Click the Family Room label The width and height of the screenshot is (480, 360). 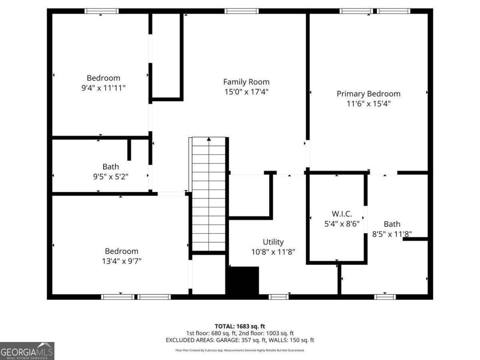246,82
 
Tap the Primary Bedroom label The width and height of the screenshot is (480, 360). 368,94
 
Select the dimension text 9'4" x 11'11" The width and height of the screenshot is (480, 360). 103,88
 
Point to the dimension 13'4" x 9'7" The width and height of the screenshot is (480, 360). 121,261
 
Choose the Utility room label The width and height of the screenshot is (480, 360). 273,242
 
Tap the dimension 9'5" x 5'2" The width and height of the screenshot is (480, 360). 110,176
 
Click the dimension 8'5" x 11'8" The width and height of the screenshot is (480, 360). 392,234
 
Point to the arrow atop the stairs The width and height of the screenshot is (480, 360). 209,140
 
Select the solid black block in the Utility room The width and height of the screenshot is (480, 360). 243,281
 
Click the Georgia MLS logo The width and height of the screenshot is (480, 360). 27,351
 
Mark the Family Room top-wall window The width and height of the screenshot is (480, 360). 242,11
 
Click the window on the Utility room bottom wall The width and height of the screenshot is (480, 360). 278,297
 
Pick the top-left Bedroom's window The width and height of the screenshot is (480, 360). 102,11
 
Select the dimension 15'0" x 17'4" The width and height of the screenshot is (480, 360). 246,92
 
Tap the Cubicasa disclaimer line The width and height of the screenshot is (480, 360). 240,350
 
